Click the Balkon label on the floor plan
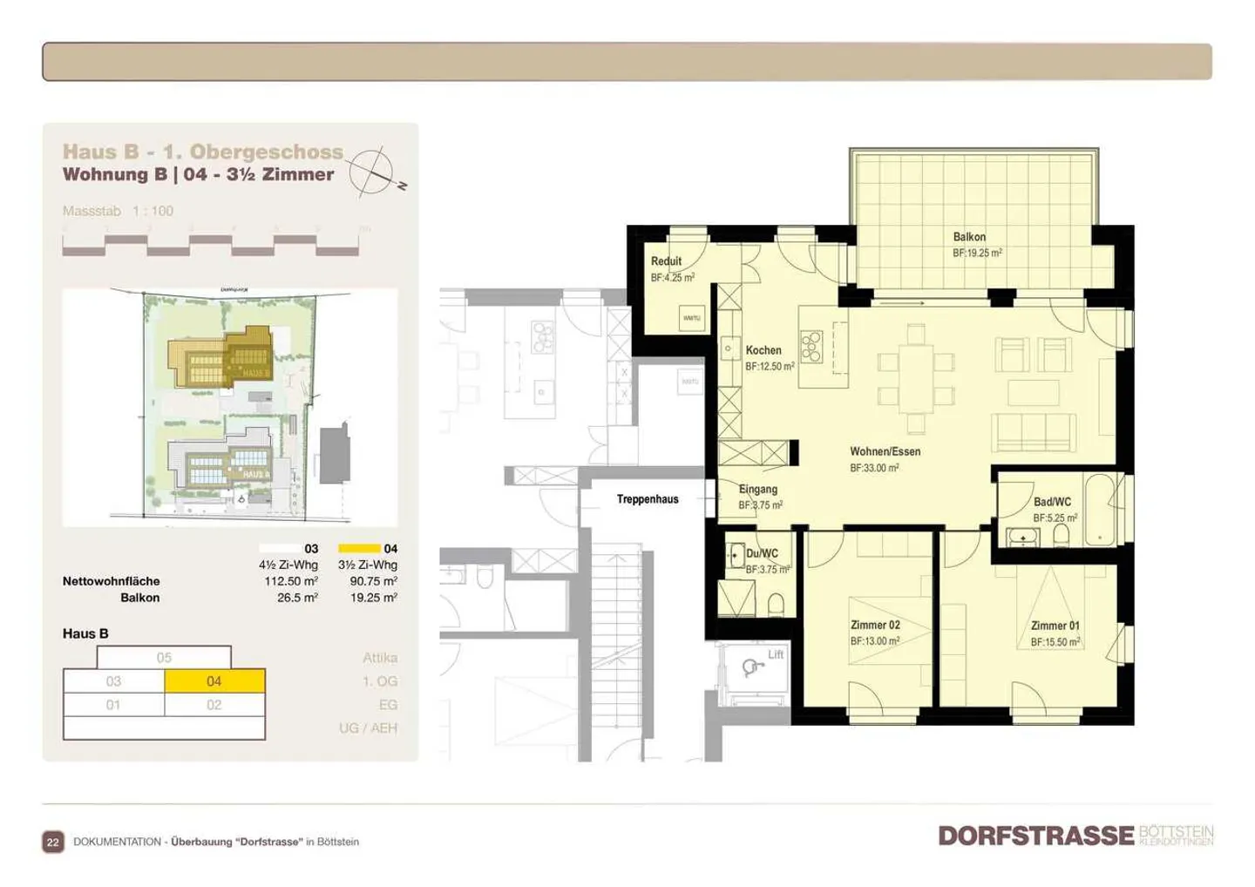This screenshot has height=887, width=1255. (969, 237)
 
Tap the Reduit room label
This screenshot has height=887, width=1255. (666, 261)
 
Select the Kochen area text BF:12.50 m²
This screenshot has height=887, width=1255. (770, 367)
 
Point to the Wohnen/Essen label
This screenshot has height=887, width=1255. (885, 451)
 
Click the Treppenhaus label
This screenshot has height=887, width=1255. (648, 499)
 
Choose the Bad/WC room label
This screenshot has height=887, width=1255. (1052, 502)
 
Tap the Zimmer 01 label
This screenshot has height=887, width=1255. (1055, 626)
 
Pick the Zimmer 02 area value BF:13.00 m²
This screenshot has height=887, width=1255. (875, 641)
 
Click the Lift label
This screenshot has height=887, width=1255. (776, 654)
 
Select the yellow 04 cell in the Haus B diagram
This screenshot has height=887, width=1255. (214, 681)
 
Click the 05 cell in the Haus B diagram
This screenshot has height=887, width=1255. (164, 658)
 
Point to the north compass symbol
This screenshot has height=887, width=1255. (373, 170)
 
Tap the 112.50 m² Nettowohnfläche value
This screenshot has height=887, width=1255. (291, 581)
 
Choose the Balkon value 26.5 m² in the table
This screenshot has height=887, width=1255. (297, 598)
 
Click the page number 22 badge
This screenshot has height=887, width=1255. (53, 842)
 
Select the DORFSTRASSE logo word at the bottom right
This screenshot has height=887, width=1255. (1035, 836)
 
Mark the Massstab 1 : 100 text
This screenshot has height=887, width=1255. (118, 211)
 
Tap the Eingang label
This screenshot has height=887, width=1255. (757, 490)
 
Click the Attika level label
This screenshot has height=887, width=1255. (380, 658)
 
